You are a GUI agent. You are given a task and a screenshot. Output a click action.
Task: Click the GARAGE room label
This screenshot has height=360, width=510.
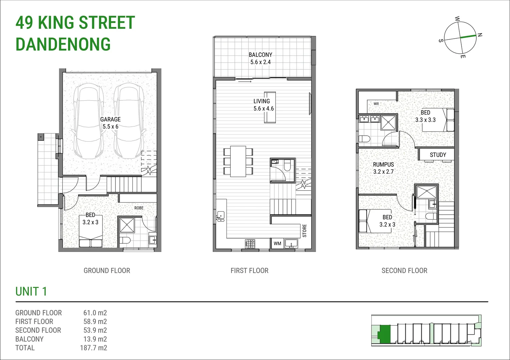coord(110,119)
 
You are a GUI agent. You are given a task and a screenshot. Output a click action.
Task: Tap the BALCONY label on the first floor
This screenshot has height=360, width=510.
coord(260,55)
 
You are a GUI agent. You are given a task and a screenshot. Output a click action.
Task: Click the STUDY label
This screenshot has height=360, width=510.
coord(438,155)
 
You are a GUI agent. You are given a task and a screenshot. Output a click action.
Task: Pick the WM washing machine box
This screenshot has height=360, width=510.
coord(277,244)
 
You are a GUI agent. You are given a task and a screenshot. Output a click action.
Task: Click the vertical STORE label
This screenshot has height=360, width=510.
coord(304,231)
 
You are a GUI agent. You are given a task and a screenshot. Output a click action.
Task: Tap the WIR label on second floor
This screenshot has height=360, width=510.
coord(376,104)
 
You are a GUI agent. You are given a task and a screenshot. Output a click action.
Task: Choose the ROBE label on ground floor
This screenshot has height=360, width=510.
coord(139,208)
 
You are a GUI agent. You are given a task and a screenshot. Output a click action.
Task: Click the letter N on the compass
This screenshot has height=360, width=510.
coord(480,35)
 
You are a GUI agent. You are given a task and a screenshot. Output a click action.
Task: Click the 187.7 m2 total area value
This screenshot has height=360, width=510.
coord(93,348)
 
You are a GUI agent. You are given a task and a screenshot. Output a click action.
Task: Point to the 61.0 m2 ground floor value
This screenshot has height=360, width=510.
coord(95,313)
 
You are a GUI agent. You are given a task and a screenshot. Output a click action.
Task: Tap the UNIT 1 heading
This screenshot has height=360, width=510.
coord(31,292)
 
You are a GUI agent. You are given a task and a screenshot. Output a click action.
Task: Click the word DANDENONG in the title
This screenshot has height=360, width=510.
coord(63,44)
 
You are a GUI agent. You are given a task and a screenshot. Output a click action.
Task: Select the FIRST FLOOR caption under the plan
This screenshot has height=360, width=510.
coord(249,271)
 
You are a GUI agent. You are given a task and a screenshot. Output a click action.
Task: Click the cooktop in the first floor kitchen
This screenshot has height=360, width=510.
coord(250,244)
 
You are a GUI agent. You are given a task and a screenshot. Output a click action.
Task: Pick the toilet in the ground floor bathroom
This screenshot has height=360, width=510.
coord(125,241)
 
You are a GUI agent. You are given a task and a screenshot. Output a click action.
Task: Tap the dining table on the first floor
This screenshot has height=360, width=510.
coord(238,161)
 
